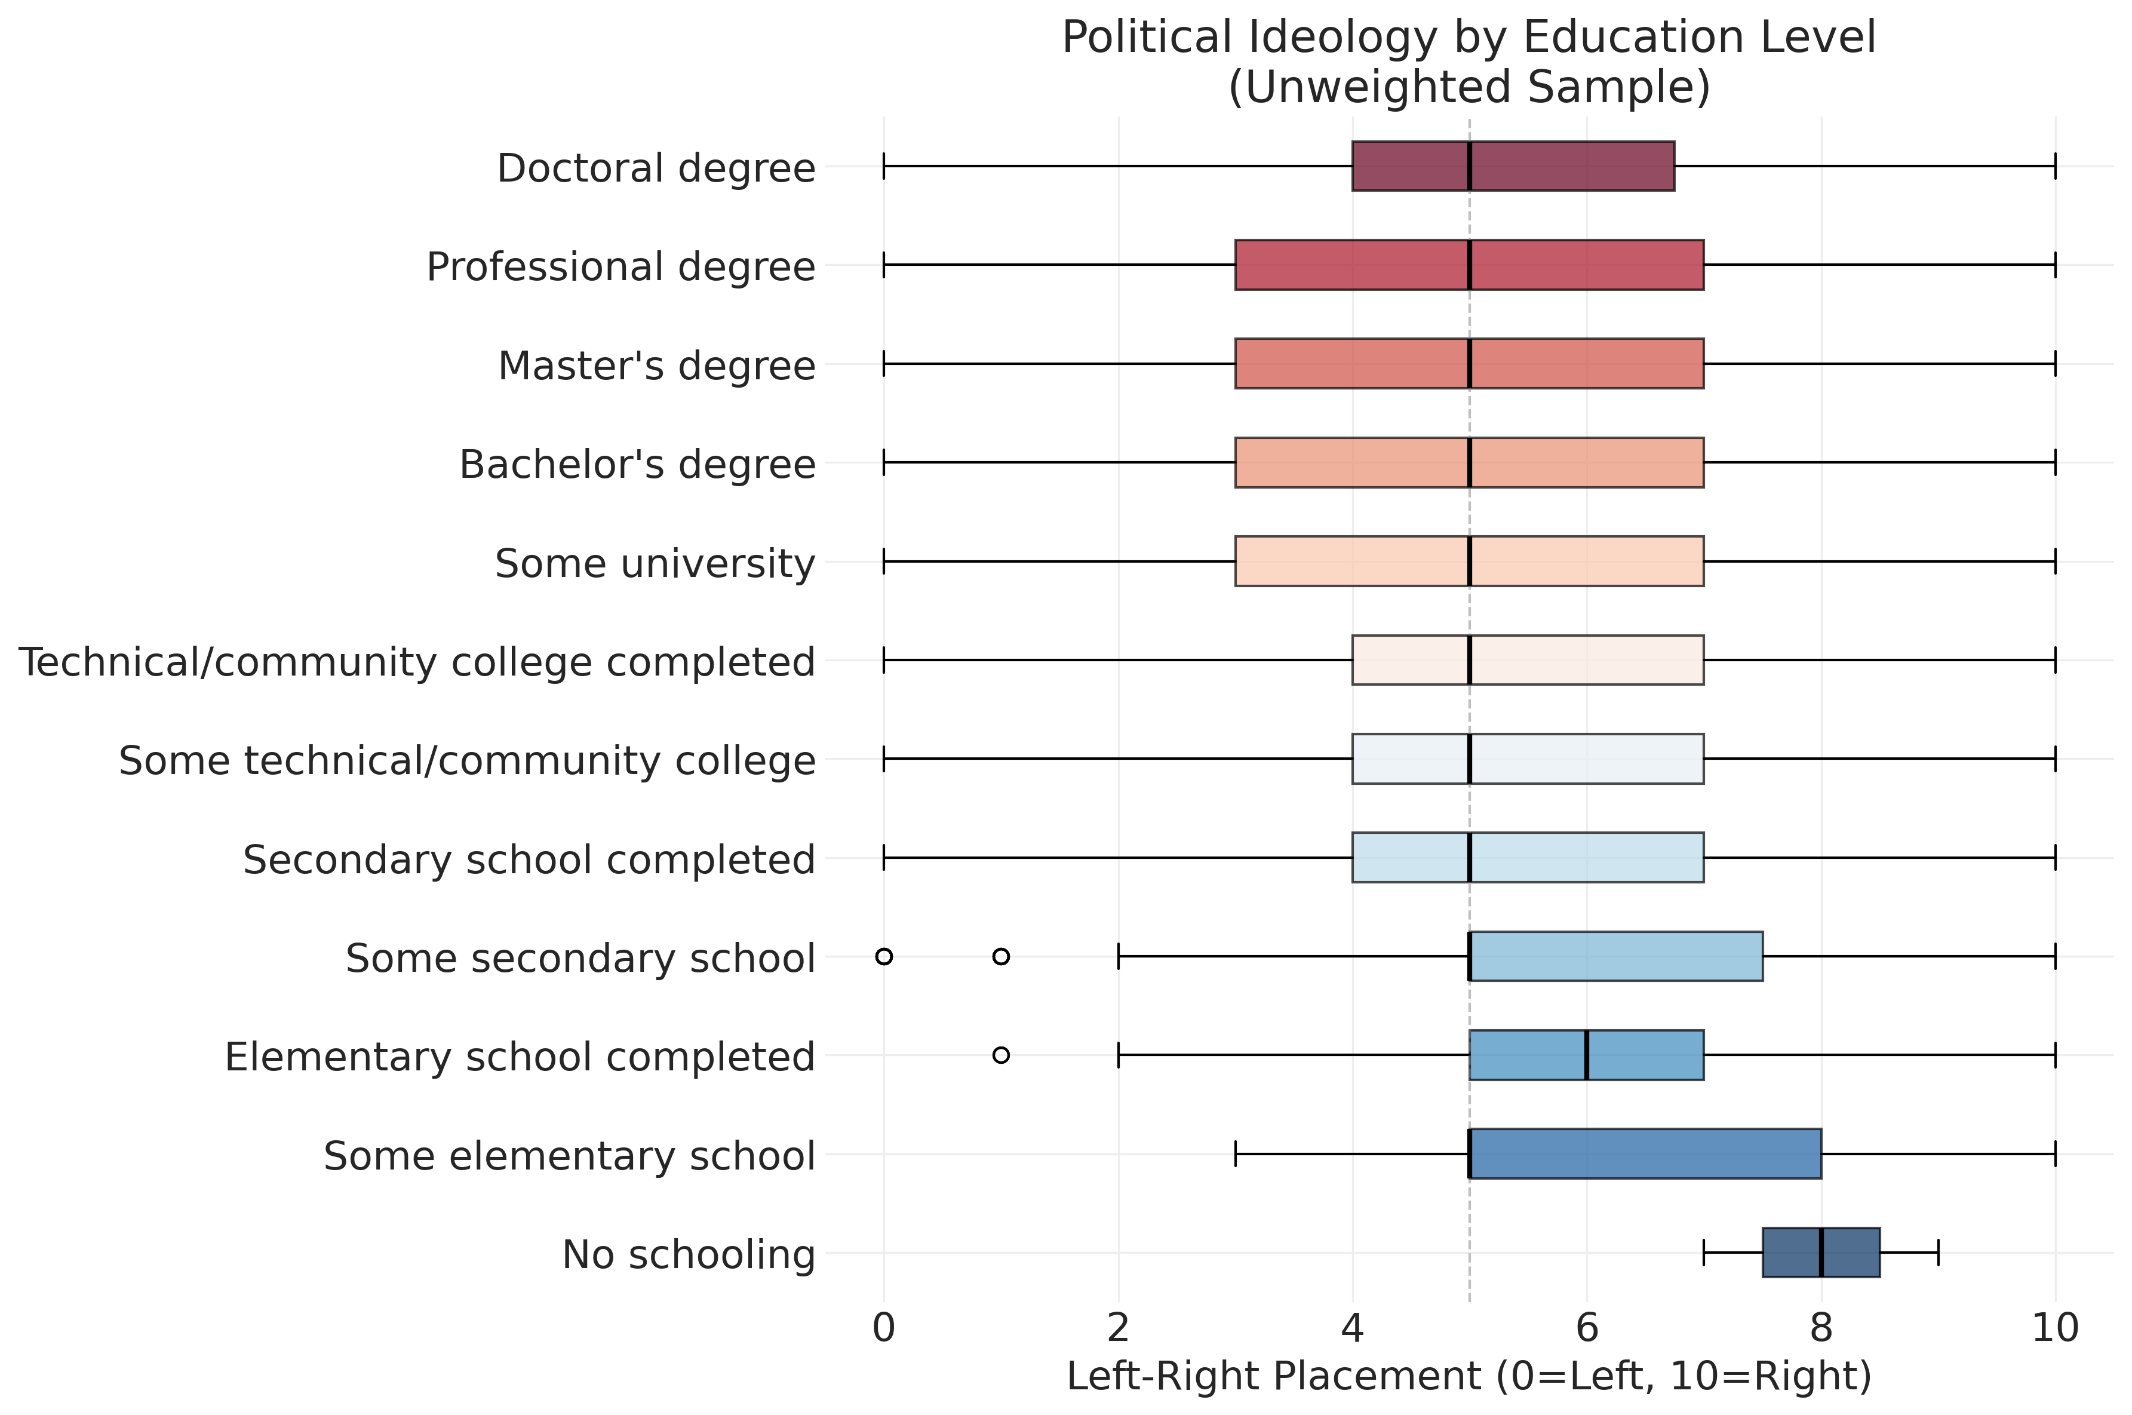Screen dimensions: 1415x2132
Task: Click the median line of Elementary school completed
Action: [x=1586, y=1054]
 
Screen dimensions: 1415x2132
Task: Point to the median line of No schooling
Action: [x=1821, y=1252]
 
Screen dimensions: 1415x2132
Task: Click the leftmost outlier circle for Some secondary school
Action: [x=884, y=956]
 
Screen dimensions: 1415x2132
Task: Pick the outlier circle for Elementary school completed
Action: [x=1000, y=1054]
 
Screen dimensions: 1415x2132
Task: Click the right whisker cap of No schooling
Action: [x=1938, y=1252]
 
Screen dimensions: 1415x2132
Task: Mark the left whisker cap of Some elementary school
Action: [x=1235, y=1153]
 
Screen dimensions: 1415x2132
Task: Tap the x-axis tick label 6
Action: [x=1586, y=1327]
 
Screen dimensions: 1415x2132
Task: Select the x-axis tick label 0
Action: [x=884, y=1327]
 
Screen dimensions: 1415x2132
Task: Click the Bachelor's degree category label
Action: [x=637, y=464]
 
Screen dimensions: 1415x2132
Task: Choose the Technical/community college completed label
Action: [x=417, y=661]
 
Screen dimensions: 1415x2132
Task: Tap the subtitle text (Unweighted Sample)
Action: [x=1469, y=88]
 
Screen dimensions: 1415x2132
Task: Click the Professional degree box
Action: [x=1469, y=265]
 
